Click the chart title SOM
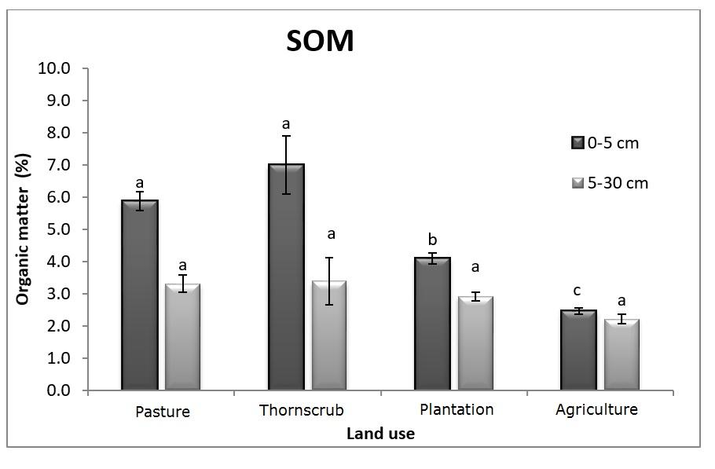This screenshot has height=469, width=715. coord(319,41)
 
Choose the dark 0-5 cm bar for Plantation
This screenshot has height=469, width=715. coord(432,323)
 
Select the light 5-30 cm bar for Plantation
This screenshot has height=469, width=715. coord(476,343)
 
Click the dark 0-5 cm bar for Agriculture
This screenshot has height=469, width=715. coord(578,350)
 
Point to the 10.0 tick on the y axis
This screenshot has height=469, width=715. coord(54,68)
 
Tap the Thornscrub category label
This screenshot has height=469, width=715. coord(301,411)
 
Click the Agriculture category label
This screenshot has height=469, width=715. coord(596,409)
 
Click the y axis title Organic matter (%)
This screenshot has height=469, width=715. coord(23,229)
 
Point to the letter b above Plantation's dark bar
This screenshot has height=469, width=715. coord(432,240)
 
